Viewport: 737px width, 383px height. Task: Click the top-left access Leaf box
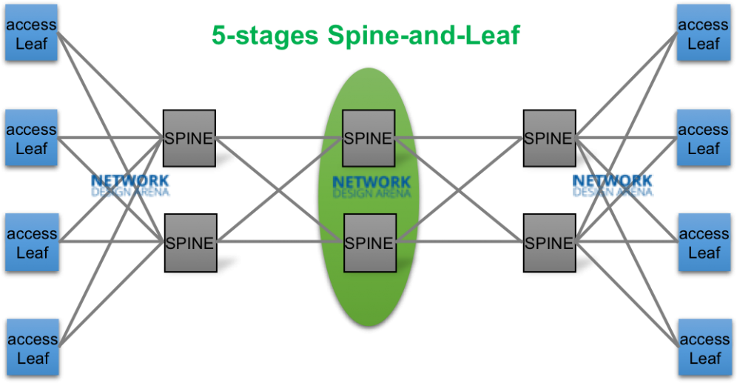[31, 34]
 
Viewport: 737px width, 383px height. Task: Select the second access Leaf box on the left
[31, 139]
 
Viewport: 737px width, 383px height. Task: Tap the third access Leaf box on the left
[31, 243]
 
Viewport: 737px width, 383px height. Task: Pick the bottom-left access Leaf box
[31, 348]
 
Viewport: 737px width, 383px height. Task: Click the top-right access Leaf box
[704, 34]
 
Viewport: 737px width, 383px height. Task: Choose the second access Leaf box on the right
[704, 139]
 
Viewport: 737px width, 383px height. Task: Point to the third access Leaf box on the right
[704, 243]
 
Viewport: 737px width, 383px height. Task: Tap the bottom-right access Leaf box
[704, 348]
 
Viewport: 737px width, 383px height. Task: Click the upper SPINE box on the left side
[189, 138]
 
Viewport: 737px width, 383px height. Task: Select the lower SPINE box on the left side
[189, 242]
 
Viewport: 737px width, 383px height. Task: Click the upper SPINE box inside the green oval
[368, 138]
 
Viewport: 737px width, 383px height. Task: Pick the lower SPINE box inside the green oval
[368, 242]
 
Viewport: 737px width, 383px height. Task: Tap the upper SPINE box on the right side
[548, 138]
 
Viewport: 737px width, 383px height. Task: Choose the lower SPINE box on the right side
[548, 242]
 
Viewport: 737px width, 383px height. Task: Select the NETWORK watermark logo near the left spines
[131, 184]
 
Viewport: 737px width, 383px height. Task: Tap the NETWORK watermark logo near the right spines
[613, 184]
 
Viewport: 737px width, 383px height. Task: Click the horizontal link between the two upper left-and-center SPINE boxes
[278, 137]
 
